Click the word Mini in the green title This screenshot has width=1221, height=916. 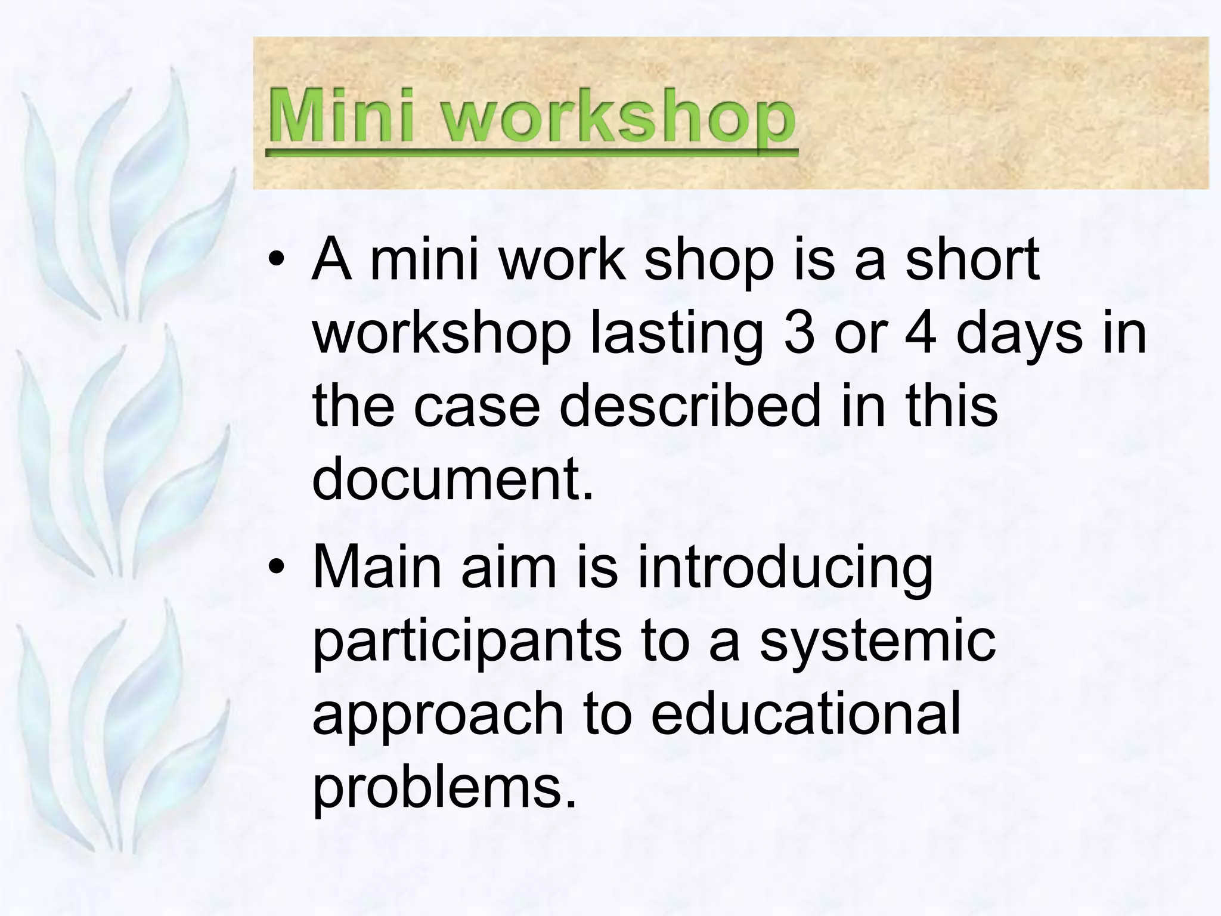(x=340, y=115)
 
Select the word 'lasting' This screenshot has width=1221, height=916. (x=676, y=335)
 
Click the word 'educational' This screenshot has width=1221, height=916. (x=805, y=712)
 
